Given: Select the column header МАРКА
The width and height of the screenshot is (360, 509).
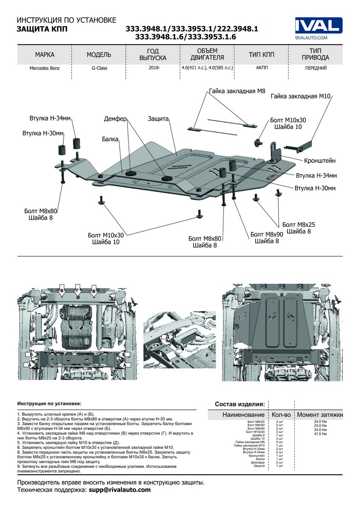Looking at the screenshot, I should pos(44,55).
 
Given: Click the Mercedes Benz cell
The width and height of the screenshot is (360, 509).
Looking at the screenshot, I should pos(44,68).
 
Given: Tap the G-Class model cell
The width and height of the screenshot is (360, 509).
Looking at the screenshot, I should pos(99,68).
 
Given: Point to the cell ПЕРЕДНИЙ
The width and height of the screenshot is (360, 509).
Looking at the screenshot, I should pos(315,68).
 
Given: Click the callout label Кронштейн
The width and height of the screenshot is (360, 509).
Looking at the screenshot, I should pos(320,161).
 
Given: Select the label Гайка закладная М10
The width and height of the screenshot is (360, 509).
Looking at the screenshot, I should pos(300,96).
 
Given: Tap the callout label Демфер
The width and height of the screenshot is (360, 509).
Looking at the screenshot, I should pos(115,119).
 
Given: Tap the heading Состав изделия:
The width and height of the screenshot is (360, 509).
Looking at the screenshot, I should pos(240,404).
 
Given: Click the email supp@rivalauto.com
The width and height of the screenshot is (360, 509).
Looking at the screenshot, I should pos(120,489).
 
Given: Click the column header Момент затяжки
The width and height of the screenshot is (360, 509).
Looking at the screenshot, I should pos(320,414).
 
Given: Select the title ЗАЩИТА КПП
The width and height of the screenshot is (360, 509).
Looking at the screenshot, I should pos(42,29).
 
